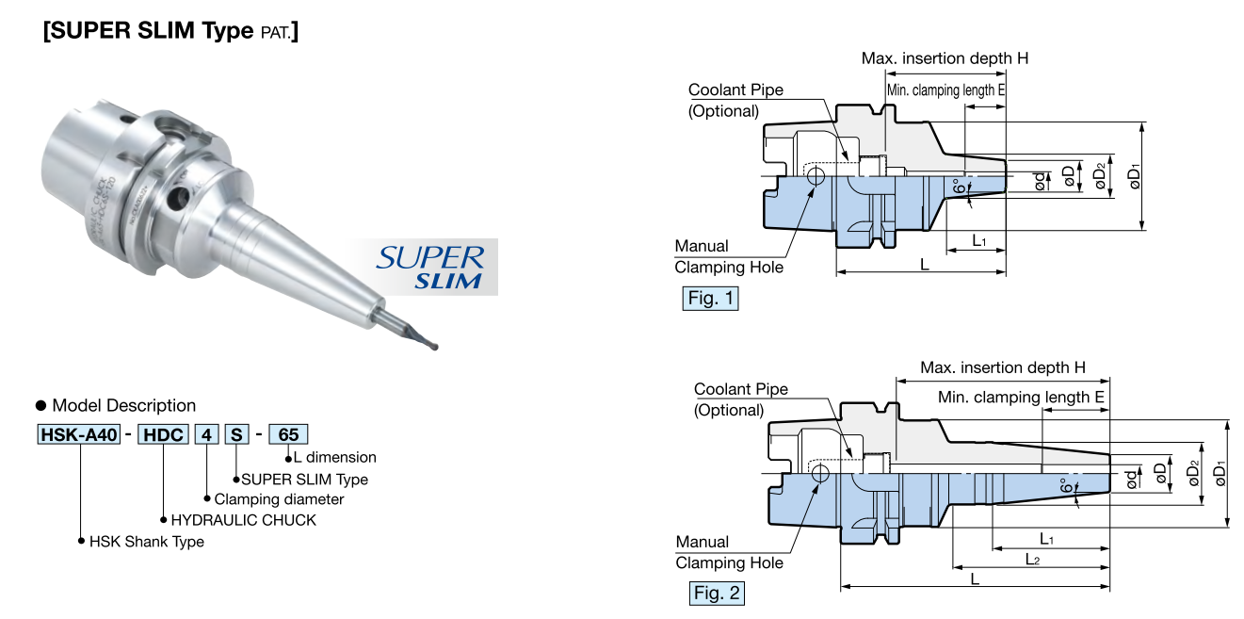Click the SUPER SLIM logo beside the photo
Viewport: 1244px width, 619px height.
tap(430, 268)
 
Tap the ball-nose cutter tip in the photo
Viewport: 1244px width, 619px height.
tap(431, 344)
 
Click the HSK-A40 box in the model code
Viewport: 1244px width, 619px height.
tap(78, 435)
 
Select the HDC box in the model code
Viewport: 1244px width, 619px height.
tap(163, 435)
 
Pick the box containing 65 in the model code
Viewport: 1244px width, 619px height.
tap(288, 435)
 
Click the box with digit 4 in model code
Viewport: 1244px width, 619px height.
tap(206, 435)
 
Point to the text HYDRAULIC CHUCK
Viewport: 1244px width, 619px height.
tap(243, 520)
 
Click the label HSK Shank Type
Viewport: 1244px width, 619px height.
tap(146, 542)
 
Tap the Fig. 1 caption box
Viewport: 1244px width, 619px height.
tap(710, 300)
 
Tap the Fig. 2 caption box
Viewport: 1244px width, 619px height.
tap(717, 594)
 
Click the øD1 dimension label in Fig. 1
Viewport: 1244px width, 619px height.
tap(1135, 176)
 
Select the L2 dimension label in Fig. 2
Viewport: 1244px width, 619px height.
tap(1032, 560)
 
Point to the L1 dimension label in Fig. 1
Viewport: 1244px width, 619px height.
tap(978, 241)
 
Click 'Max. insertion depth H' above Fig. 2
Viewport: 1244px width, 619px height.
tap(1003, 367)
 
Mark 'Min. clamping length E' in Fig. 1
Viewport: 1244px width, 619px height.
tap(945, 90)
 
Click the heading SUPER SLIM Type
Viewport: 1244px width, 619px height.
tap(170, 31)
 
